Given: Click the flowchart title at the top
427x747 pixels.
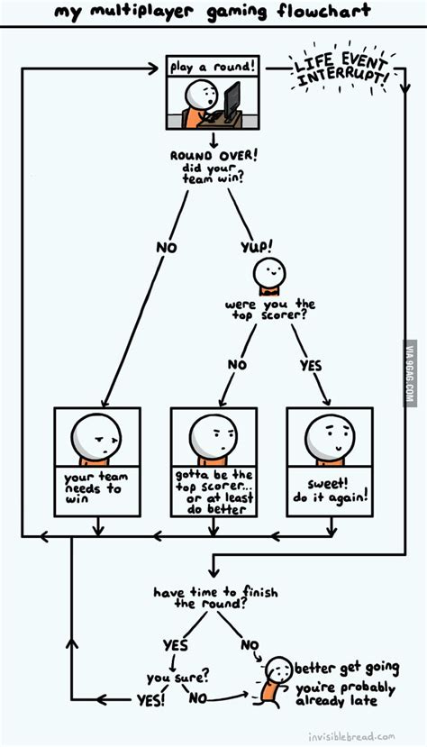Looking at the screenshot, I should click(x=213, y=14).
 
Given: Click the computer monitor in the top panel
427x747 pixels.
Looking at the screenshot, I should click(x=232, y=99).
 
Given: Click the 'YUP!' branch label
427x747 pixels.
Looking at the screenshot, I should click(x=256, y=244).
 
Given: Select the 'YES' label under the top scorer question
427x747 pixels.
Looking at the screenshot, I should click(x=310, y=365).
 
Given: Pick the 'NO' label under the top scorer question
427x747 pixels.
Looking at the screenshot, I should click(x=236, y=365).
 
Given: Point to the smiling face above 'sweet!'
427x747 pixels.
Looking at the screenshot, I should click(x=329, y=437).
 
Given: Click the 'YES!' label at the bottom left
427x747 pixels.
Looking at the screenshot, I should click(x=150, y=699).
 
